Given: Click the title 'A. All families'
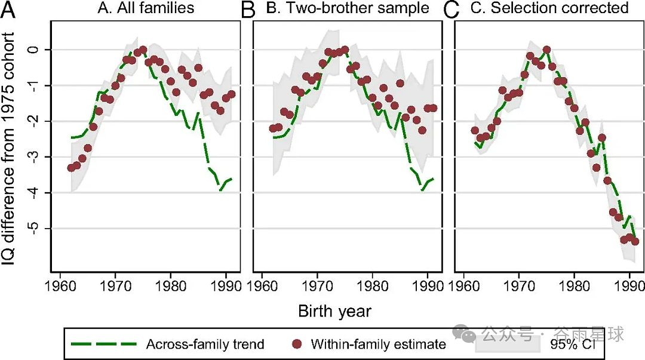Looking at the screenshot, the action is [x=146, y=8].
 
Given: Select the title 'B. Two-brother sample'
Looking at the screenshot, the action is [x=348, y=8].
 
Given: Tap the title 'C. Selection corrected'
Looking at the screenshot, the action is [x=549, y=8].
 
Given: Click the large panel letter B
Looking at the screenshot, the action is [x=248, y=10].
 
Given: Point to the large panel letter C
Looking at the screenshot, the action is [x=451, y=10].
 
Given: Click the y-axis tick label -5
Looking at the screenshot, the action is [x=35, y=228].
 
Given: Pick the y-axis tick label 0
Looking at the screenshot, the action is [x=35, y=50].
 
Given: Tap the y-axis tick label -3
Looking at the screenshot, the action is [x=35, y=157].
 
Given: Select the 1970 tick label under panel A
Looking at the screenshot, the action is [x=116, y=285].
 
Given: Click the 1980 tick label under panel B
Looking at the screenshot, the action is [x=373, y=285].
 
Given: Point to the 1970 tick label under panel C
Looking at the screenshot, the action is [x=520, y=285].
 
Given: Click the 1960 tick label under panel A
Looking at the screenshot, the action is [x=61, y=285].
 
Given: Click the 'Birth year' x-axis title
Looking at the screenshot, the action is [x=335, y=311].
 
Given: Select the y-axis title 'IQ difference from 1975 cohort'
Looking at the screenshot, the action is [x=8, y=149].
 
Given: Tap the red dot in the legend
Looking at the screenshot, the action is [x=296, y=344].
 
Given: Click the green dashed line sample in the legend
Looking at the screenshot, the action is [x=104, y=344].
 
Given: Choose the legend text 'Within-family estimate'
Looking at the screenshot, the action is [x=379, y=344].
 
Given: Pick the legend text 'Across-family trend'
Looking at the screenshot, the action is [x=205, y=344].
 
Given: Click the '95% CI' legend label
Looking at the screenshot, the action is [x=573, y=344].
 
